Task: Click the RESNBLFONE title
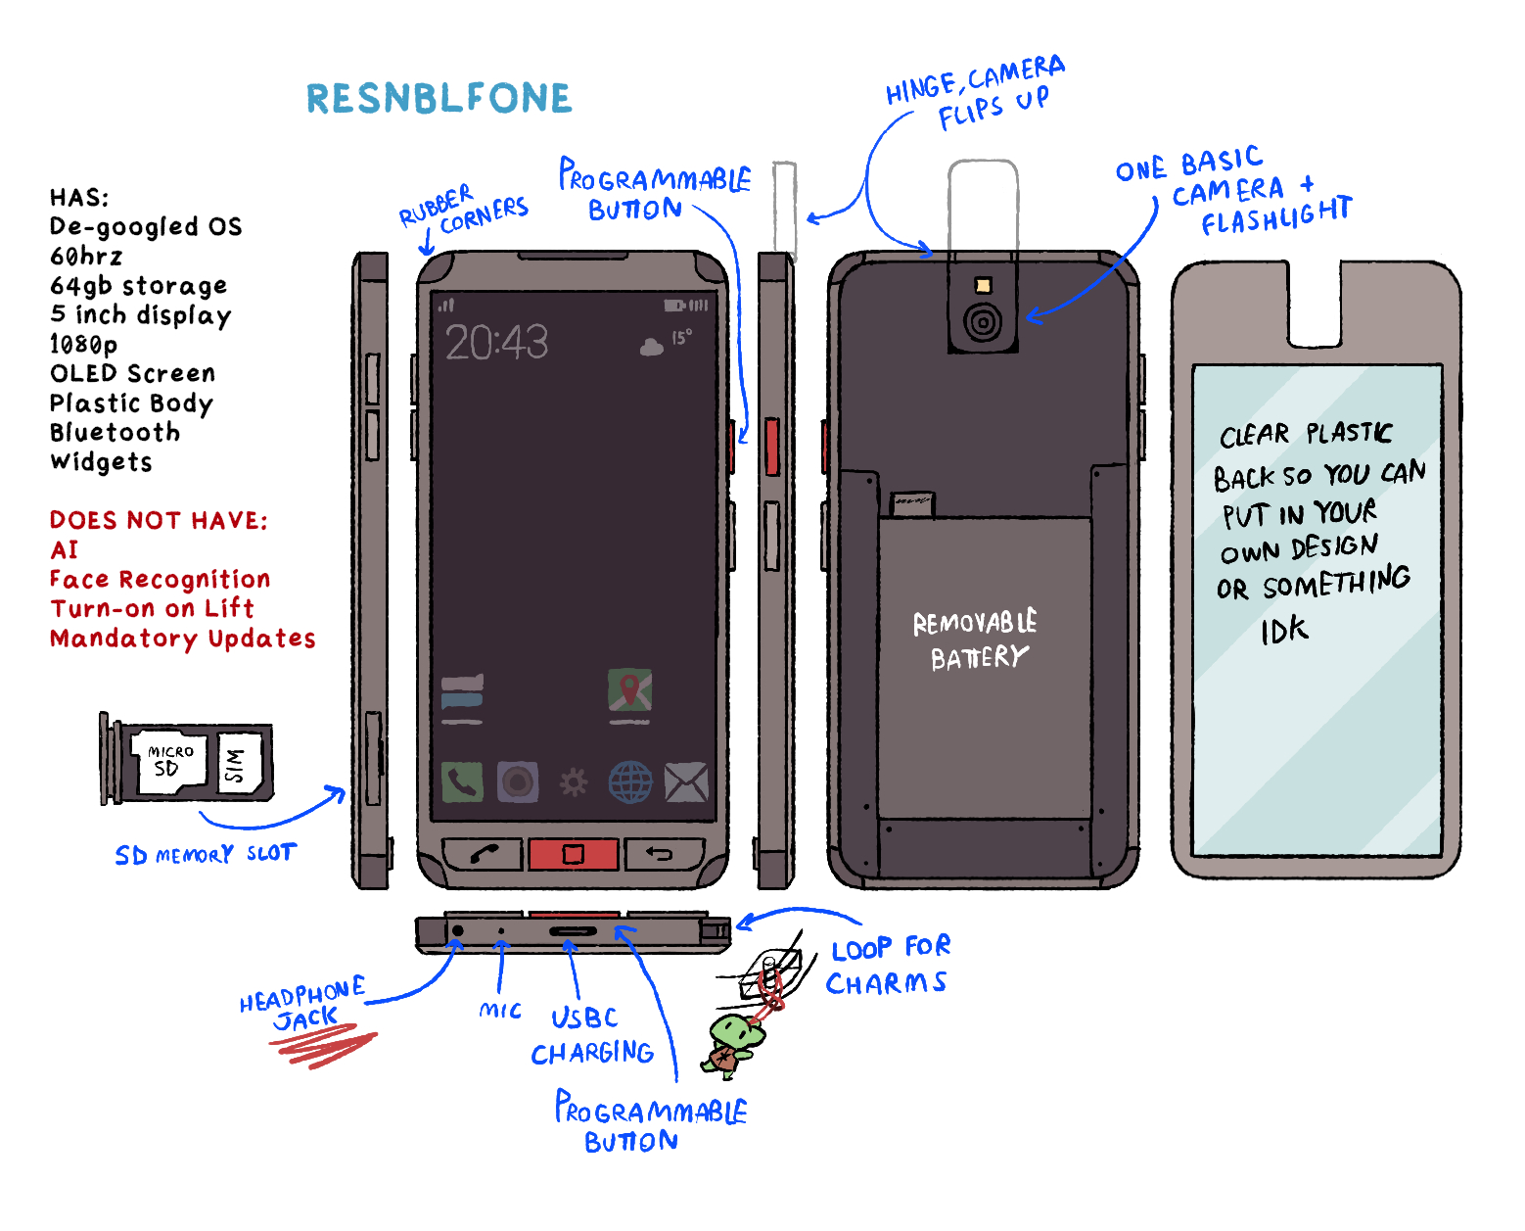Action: coord(439,99)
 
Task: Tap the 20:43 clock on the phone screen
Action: coord(496,343)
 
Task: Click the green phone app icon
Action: coord(462,781)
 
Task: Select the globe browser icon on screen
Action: coord(630,782)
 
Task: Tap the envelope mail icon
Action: coord(686,782)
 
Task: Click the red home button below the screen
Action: coord(573,854)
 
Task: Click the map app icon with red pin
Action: coord(629,690)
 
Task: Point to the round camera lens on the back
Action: coord(983,321)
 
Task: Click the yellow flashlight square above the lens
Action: coord(983,286)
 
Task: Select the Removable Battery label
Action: coord(974,640)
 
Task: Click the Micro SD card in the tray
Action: coord(169,760)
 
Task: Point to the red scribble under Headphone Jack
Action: coord(323,1045)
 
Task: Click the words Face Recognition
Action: coord(160,579)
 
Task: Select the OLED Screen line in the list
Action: coord(132,373)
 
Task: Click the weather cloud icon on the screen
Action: coord(651,347)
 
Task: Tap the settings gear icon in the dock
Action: coord(574,782)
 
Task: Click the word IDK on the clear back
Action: coord(1284,631)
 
